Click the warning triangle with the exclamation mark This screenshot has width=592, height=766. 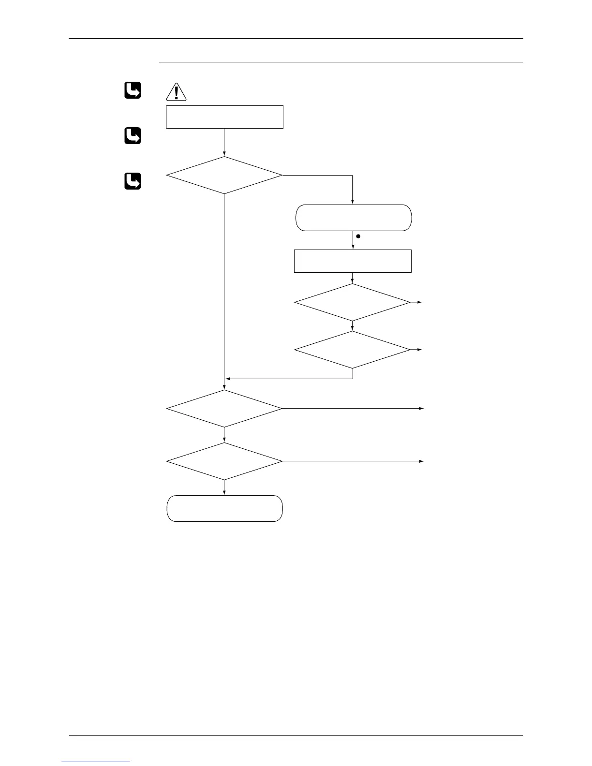point(176,92)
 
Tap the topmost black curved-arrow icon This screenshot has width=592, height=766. point(133,90)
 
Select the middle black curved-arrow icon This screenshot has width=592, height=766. point(133,136)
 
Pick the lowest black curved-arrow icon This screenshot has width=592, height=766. point(133,181)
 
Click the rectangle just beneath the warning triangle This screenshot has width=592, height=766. point(224,117)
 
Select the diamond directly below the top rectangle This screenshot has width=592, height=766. point(224,175)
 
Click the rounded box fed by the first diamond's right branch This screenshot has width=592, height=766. point(353,218)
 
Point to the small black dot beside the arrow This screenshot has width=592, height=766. point(358,237)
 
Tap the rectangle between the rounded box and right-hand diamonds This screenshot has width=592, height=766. point(353,261)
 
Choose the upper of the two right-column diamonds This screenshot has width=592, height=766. point(353,302)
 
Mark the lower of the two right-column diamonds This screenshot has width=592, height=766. point(353,349)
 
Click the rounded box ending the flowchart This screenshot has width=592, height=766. point(224,508)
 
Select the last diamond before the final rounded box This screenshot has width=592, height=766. point(224,461)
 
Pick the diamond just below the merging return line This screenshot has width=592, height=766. point(224,409)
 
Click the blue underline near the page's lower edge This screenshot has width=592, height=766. point(96,762)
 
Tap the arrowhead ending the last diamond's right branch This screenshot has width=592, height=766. point(421,461)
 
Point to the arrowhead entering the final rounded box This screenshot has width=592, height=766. point(224,493)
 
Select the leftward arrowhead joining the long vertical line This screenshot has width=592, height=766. point(228,378)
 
